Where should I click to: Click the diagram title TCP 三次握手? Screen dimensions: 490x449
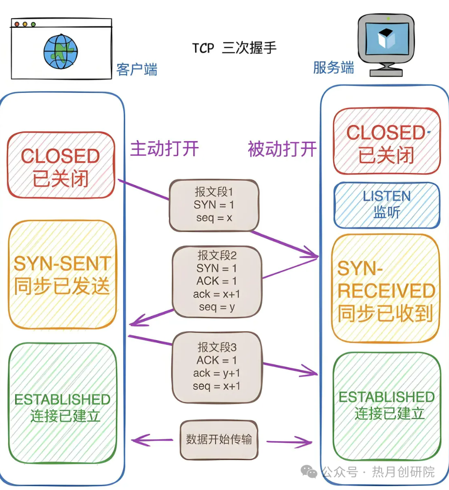(234, 48)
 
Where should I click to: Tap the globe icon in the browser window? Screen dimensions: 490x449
(61, 50)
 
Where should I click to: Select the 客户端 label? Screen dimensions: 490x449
(137, 69)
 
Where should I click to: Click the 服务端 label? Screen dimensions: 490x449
(333, 67)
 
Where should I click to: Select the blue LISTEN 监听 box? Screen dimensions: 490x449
(386, 205)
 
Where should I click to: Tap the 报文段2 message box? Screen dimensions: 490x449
(216, 281)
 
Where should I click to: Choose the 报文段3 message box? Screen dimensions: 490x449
(216, 366)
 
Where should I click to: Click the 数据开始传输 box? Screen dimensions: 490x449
(218, 439)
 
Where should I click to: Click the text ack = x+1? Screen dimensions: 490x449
(216, 294)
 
